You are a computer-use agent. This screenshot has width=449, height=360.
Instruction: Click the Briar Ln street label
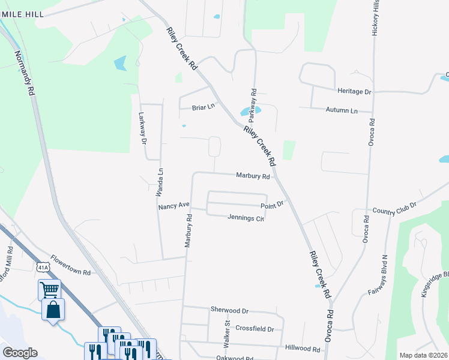pyautogui.click(x=203, y=107)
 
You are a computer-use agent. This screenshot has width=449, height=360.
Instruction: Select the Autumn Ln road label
pyautogui.click(x=341, y=111)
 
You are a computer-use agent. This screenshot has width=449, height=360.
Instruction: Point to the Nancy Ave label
pyautogui.click(x=173, y=206)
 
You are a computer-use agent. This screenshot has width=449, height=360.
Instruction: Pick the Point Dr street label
pyautogui.click(x=271, y=205)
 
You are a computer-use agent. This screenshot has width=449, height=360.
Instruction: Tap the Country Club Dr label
pyautogui.click(x=394, y=211)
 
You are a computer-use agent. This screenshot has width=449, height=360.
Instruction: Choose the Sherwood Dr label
pyautogui.click(x=229, y=310)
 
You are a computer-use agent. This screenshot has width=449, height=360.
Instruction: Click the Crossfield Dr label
pyautogui.click(x=255, y=329)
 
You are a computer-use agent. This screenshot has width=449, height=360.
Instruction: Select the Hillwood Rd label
pyautogui.click(x=303, y=348)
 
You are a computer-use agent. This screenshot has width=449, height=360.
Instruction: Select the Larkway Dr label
pyautogui.click(x=143, y=128)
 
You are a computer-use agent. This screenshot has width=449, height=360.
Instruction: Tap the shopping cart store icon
pyautogui.click(x=49, y=290)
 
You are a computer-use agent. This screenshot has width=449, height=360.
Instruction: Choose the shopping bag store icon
pyautogui.click(x=53, y=310)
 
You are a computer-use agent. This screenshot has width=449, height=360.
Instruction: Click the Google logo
pyautogui.click(x=20, y=353)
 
